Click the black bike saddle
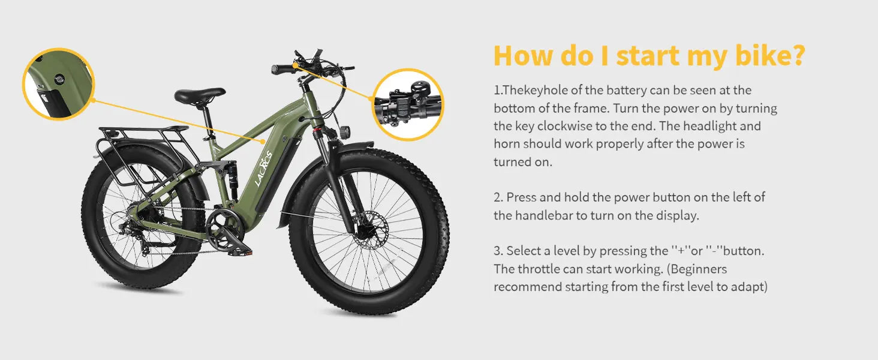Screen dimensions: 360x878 (200, 95)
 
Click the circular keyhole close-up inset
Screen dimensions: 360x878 (59, 84)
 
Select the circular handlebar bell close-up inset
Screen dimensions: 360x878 (408, 104)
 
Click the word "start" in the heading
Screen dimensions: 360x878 (649, 56)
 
